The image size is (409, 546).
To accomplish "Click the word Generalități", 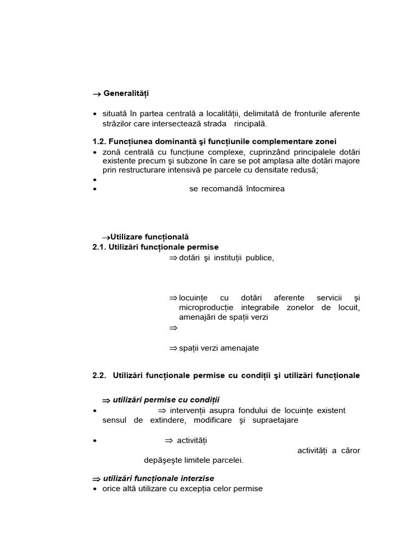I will (x=126, y=94).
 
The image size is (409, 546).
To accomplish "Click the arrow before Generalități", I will (x=96, y=94).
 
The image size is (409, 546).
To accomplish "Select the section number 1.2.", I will (x=99, y=141).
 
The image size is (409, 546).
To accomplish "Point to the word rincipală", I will (x=250, y=124).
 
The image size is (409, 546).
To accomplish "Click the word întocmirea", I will (x=265, y=189).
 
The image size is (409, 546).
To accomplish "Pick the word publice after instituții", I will (x=259, y=258).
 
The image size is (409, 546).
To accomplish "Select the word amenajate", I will (x=241, y=348).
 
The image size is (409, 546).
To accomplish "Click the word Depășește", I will (x=162, y=460).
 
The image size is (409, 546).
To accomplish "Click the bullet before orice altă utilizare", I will (x=95, y=489).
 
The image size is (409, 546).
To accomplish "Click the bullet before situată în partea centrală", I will (x=95, y=114).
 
